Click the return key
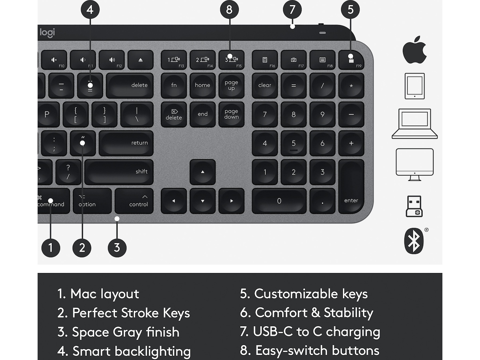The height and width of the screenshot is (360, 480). pos(126,143)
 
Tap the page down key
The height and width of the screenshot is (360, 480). pos(231,114)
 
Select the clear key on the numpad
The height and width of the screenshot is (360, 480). pos(264,85)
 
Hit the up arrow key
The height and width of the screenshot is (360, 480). pos(202,172)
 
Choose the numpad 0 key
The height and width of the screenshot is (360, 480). pos(279,201)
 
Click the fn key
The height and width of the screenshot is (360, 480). pos(174,85)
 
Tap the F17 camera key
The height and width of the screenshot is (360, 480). pos(294,60)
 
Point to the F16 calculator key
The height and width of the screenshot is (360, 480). pos(264,60)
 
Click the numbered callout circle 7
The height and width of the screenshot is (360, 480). pos(292,10)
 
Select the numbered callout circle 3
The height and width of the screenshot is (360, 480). pos(117,247)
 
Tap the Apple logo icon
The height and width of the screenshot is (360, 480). pos(414,50)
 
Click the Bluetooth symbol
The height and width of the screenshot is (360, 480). pos(414,241)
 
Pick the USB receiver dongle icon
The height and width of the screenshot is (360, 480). pos(414,206)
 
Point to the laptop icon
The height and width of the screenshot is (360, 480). pos(414,124)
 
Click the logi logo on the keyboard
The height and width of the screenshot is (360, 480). pos(47,32)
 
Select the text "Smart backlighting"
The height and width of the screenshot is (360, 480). pos(132,351)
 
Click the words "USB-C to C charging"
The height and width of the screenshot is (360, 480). pos(316,332)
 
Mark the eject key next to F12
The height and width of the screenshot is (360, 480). pos(140,60)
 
